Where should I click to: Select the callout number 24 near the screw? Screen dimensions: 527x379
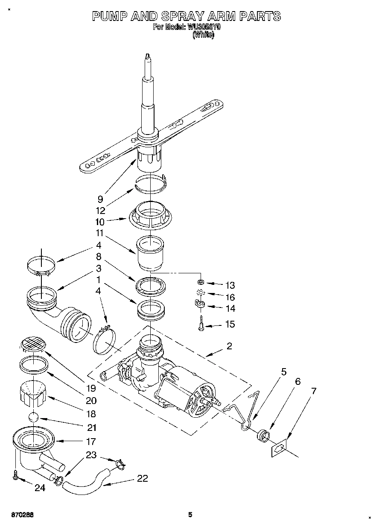40,488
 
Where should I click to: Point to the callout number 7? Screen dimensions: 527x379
313,391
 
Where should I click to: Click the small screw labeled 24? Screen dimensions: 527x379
16,475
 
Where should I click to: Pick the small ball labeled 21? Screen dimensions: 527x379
34,419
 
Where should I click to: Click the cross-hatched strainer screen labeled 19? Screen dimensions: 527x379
33,343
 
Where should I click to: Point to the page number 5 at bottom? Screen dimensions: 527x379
190,515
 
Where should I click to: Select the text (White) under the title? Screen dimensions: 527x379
204,36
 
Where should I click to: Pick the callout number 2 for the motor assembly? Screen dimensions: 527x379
229,346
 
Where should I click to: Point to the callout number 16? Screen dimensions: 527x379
230,297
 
